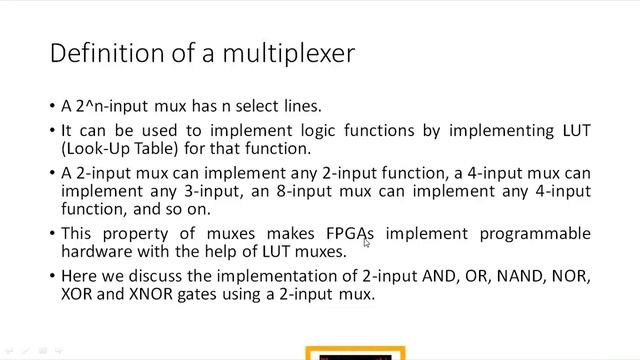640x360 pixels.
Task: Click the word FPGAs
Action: click(x=350, y=234)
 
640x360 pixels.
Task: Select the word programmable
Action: click(x=539, y=234)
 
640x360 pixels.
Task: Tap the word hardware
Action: click(x=96, y=251)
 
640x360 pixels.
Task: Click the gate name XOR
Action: click(x=78, y=294)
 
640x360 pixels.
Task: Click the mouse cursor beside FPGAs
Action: click(x=367, y=242)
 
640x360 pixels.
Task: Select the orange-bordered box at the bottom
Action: click(x=356, y=353)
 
